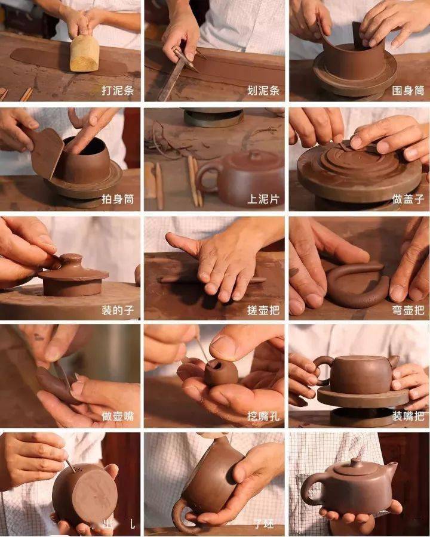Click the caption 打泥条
(116, 91)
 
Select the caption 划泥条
(263, 91)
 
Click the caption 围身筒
(408, 91)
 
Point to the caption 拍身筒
(116, 199)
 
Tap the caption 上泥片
(263, 199)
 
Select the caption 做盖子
(408, 199)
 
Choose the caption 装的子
(116, 310)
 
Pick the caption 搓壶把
(263, 310)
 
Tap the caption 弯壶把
(408, 310)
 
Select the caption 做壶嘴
(116, 416)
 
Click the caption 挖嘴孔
(263, 416)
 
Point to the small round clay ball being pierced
(220, 372)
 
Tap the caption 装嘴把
(408, 416)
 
